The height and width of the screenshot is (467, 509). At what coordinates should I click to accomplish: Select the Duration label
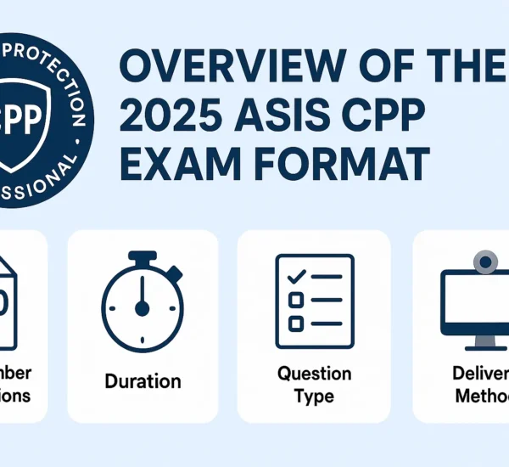(x=142, y=380)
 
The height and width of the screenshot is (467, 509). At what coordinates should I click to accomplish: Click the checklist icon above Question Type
(x=314, y=294)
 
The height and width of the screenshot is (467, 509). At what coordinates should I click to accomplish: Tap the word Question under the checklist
(x=314, y=374)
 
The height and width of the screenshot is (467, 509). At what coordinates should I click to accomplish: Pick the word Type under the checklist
(x=314, y=396)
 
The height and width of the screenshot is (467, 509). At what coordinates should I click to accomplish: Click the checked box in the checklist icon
(x=296, y=278)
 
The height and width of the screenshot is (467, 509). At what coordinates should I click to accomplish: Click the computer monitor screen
(x=479, y=301)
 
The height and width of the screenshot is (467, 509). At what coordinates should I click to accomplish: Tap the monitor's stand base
(x=484, y=346)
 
